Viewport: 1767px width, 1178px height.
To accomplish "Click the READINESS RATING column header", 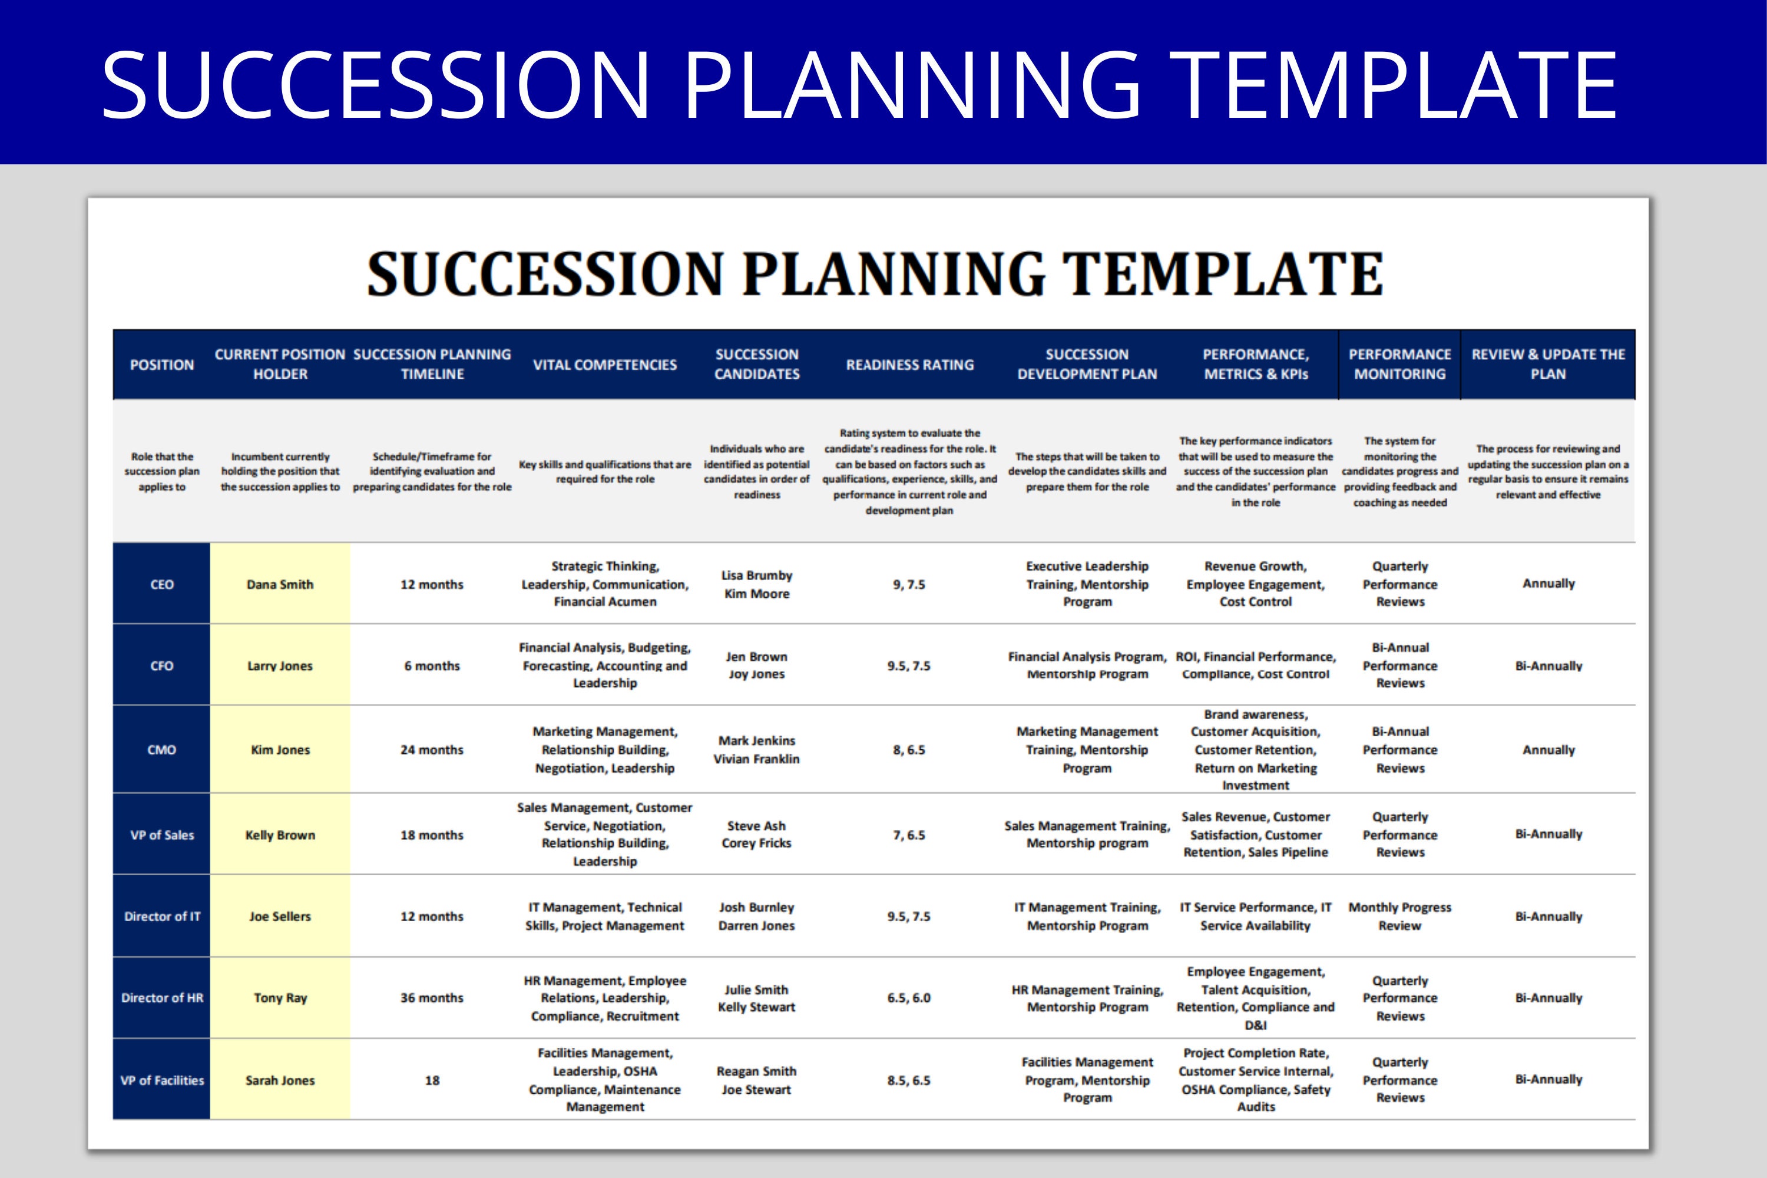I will tap(909, 365).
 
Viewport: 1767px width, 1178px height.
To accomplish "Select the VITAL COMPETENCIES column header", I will tap(605, 365).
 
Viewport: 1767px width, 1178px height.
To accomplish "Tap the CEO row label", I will tap(161, 584).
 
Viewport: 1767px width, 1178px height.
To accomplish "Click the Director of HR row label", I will tap(161, 998).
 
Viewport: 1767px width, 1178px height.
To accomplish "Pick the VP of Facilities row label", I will tap(161, 1080).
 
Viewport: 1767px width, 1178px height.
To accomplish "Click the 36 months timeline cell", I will tap(432, 998).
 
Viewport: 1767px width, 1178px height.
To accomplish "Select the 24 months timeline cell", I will tap(432, 750).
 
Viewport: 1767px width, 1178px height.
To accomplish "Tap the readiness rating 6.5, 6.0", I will tap(909, 998).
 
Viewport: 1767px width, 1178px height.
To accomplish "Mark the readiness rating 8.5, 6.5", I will tap(909, 1080).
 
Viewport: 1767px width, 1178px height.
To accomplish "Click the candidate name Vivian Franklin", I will tap(756, 759).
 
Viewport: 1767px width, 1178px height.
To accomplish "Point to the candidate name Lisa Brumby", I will tap(756, 575).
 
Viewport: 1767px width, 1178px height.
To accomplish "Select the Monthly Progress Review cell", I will tap(1399, 916).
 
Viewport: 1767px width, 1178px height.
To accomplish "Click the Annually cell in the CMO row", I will tap(1548, 750).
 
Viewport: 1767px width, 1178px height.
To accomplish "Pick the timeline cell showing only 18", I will tap(432, 1080).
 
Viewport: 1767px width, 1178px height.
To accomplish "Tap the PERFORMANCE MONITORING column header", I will tap(1399, 365).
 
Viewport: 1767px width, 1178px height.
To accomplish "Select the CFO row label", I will tap(161, 666).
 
